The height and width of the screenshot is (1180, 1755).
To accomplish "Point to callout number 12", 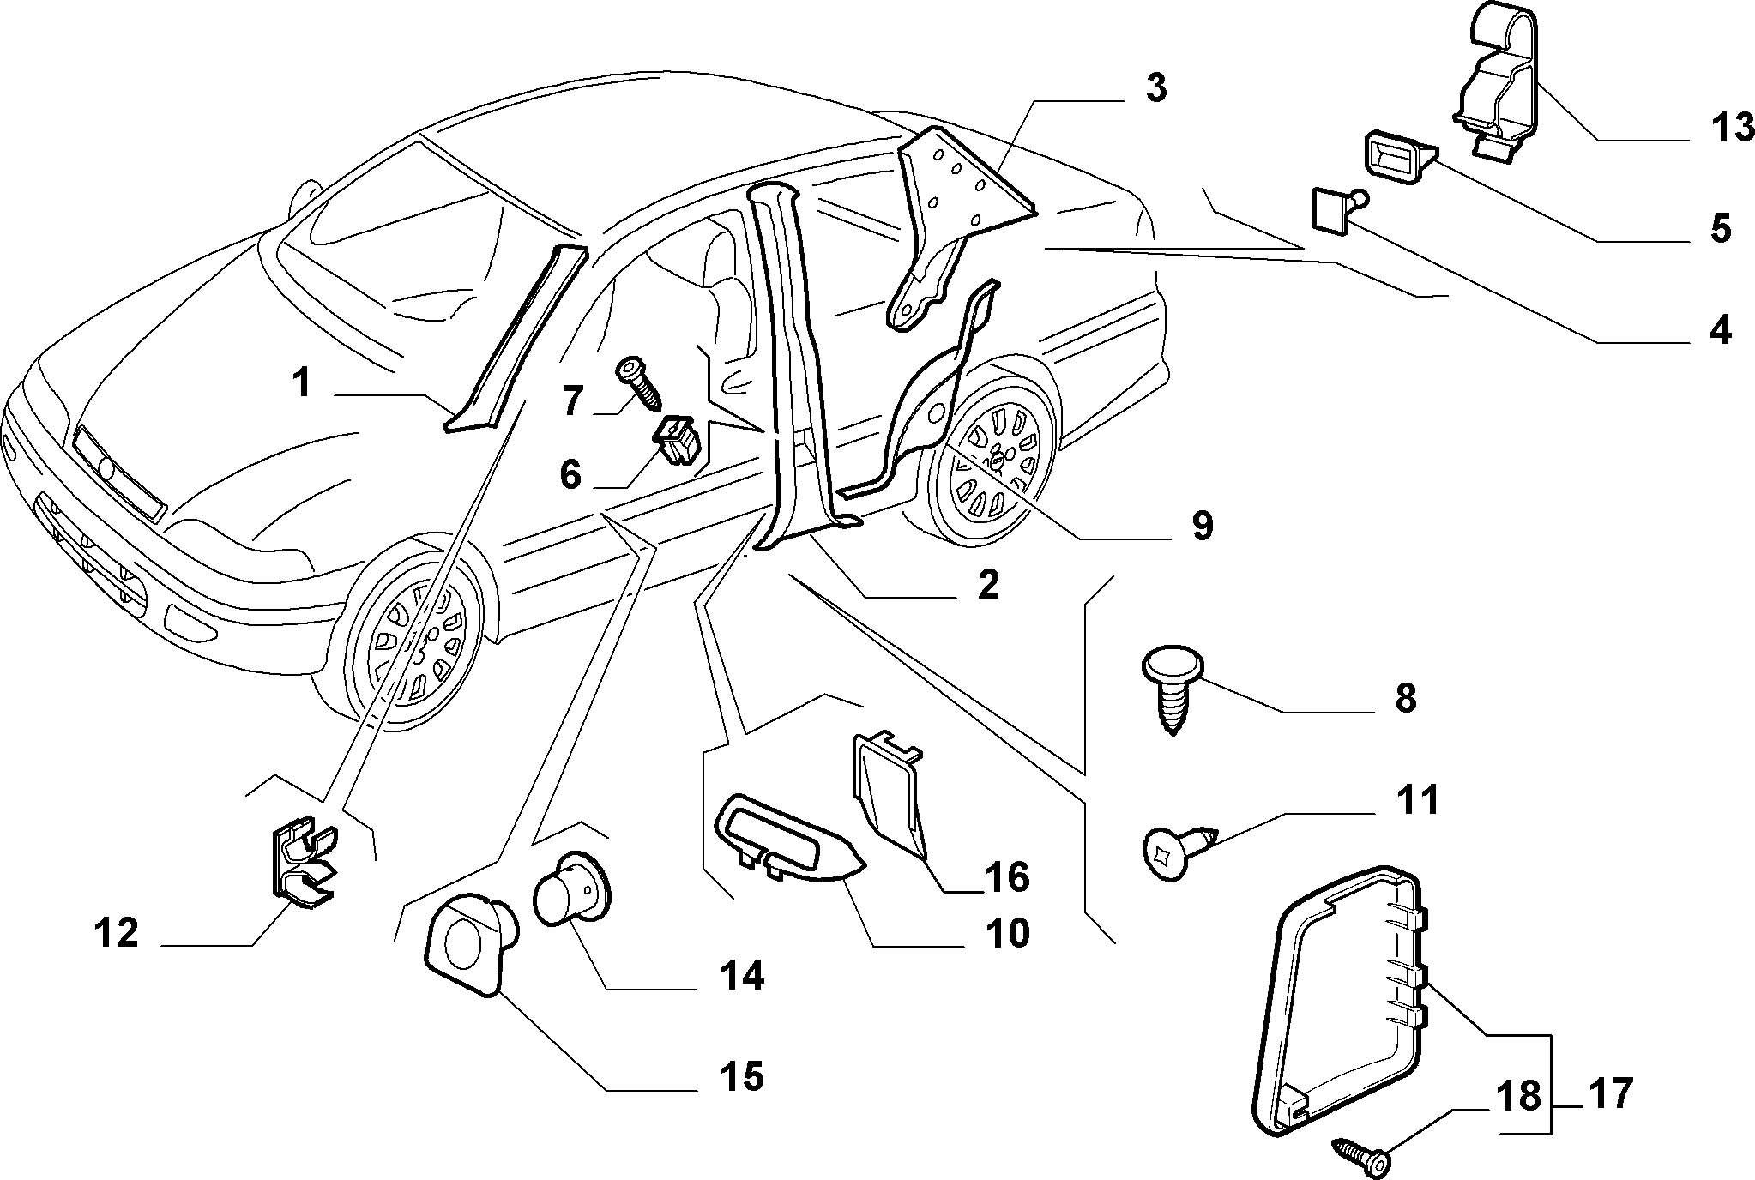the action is [117, 932].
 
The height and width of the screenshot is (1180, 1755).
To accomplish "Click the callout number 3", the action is [1157, 89].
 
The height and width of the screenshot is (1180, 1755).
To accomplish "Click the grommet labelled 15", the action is [470, 943].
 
